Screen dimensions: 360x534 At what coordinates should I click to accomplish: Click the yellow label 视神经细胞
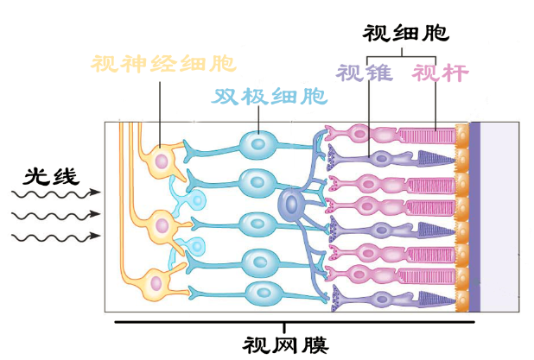pyautogui.click(x=163, y=64)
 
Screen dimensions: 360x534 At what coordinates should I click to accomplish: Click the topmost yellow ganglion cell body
pyautogui.click(x=160, y=160)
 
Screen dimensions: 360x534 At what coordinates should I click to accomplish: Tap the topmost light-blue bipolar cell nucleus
pyautogui.click(x=257, y=143)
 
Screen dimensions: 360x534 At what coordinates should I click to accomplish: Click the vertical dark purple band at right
pyautogui.click(x=474, y=216)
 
